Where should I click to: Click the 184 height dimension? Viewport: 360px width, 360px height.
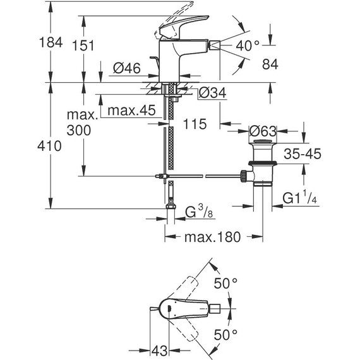(x=51, y=43)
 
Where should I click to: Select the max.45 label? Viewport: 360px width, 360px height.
(x=131, y=111)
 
